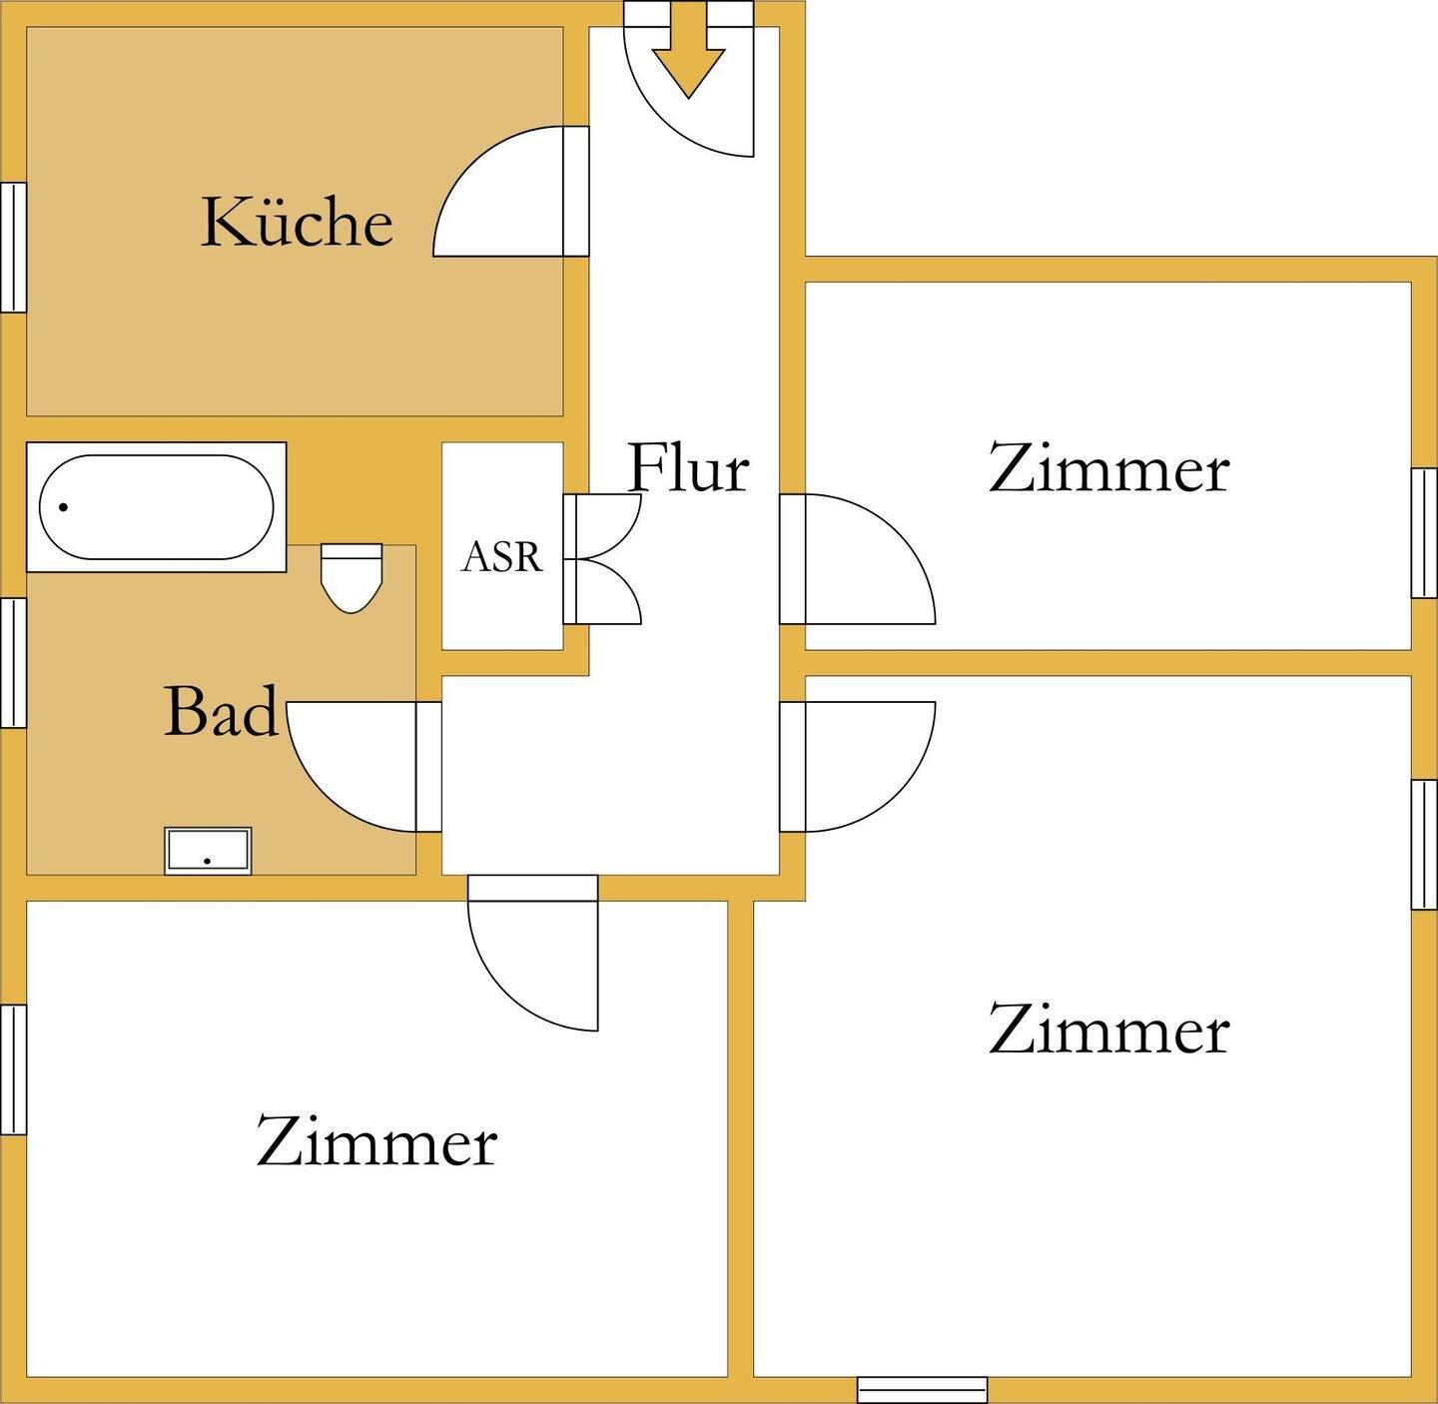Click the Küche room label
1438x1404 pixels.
297,222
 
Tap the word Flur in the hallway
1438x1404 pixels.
688,467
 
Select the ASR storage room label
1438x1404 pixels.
501,557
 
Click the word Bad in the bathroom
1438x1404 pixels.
221,711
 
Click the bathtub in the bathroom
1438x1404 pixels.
156,507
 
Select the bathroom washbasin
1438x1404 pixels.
208,851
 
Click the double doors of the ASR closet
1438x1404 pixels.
605,559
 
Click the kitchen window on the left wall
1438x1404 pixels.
13,247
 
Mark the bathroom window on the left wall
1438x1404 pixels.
13,662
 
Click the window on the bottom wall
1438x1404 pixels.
922,1390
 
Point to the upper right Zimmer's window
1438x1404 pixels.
1424,532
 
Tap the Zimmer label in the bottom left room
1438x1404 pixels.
376,1141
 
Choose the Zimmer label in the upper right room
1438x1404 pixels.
1108,468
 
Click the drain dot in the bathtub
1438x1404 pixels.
64,507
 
